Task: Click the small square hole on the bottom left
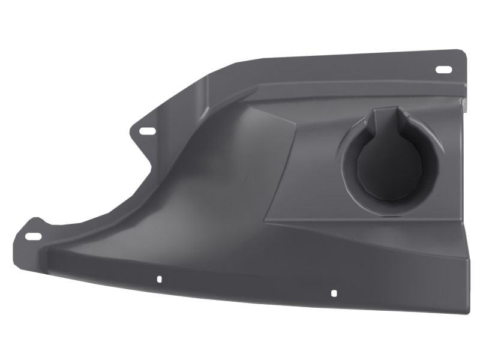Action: click(159, 279)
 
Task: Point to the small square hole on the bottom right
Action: click(334, 293)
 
